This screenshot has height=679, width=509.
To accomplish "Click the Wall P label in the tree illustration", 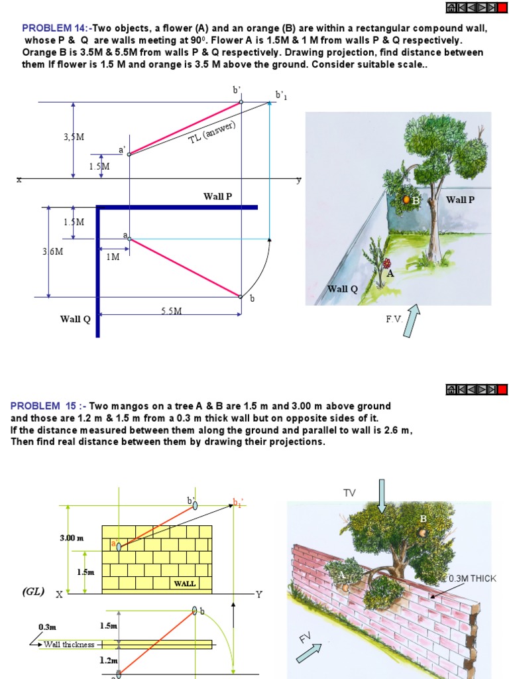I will pyautogui.click(x=460, y=200).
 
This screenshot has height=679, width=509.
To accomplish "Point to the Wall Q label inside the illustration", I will pyautogui.click(x=343, y=289).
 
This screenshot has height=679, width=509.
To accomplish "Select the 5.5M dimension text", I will pyautogui.click(x=171, y=311).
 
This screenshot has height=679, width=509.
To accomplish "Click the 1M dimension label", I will pyautogui.click(x=113, y=257).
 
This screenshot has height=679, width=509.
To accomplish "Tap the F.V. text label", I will pyautogui.click(x=395, y=320).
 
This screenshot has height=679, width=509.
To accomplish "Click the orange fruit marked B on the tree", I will pyautogui.click(x=406, y=200).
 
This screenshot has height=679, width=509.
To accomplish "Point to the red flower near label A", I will pyautogui.click(x=387, y=264).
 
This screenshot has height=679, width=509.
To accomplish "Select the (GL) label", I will pyautogui.click(x=32, y=591).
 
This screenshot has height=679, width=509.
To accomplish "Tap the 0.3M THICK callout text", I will pyautogui.click(x=472, y=579).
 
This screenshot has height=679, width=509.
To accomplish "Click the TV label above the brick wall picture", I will pyautogui.click(x=349, y=493).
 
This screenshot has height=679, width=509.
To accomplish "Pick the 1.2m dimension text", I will pyautogui.click(x=109, y=660).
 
